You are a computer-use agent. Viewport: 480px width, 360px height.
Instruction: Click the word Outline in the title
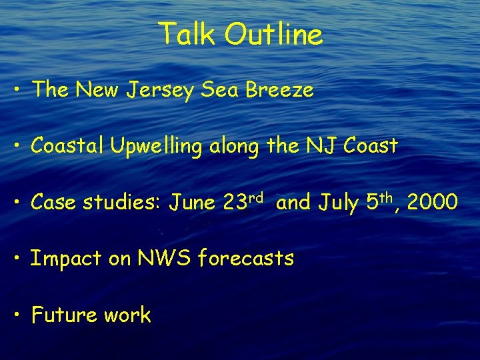(x=273, y=34)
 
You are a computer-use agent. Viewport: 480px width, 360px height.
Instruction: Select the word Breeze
(x=279, y=89)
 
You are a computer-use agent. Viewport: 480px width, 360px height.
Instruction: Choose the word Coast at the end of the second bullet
(x=371, y=145)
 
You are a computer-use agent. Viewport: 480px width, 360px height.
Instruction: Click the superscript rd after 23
(x=258, y=197)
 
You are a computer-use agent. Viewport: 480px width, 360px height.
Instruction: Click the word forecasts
(x=247, y=258)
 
